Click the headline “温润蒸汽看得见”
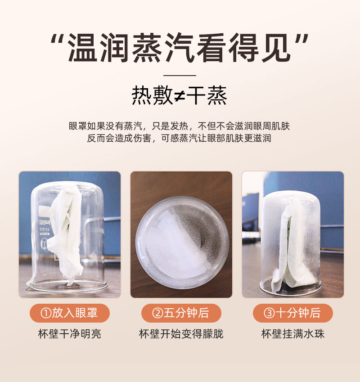coord(180,48)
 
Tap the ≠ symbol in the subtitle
coord(180,96)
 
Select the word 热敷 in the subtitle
coord(153,95)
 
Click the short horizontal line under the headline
coord(180,76)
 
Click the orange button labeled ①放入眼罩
coord(70,313)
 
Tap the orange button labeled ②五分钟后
coord(181,313)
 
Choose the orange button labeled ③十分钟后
coord(293,313)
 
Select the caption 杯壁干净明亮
coord(70,334)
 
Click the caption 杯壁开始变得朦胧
coord(181,334)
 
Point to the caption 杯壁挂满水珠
coord(293,334)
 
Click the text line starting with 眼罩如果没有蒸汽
coord(179,126)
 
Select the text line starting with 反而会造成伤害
coord(179,138)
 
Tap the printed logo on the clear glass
coord(44,222)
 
